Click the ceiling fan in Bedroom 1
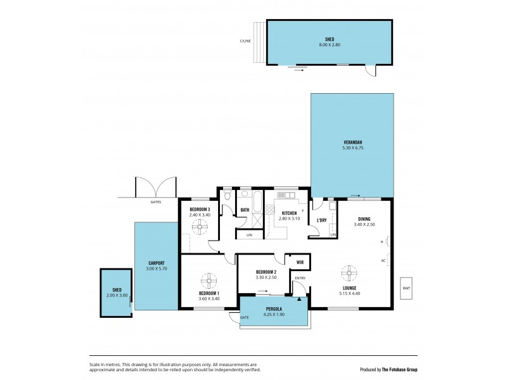[x=209, y=280]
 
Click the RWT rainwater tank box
[x=406, y=288]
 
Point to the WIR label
[x=300, y=261]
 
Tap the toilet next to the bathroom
[x=228, y=213]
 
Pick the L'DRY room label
[x=321, y=220]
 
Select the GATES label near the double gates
[x=155, y=202]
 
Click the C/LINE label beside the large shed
[x=245, y=42]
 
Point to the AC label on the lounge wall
[x=383, y=260]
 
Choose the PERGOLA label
[x=274, y=310]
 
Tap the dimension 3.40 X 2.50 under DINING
[x=364, y=224]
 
